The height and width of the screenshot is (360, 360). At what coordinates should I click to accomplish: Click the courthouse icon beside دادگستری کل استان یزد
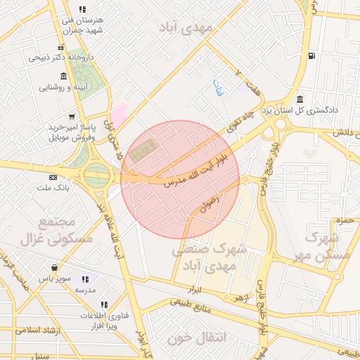[x=300, y=98]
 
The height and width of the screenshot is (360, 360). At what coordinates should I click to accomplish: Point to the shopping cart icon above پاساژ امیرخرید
[x=71, y=117]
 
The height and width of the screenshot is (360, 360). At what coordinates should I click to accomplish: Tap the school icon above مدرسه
[x=86, y=279]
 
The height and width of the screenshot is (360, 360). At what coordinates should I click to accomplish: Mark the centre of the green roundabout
[x=97, y=174]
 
